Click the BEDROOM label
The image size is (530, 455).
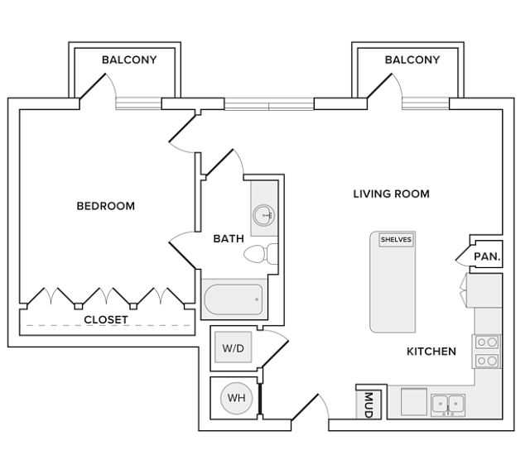105,206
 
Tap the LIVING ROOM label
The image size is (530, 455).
391,194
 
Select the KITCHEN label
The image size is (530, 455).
431,352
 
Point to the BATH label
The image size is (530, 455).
229,239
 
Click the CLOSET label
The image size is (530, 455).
106,319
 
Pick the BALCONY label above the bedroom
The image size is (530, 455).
129,60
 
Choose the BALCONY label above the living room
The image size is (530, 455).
412,60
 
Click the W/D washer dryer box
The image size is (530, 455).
234,348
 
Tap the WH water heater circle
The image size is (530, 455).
236,398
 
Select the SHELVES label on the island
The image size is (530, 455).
396,240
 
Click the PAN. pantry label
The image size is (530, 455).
486,256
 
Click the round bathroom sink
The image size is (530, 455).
264,215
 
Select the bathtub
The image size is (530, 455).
234,298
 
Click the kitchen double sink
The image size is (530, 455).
447,404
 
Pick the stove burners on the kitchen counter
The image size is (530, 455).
488,351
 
